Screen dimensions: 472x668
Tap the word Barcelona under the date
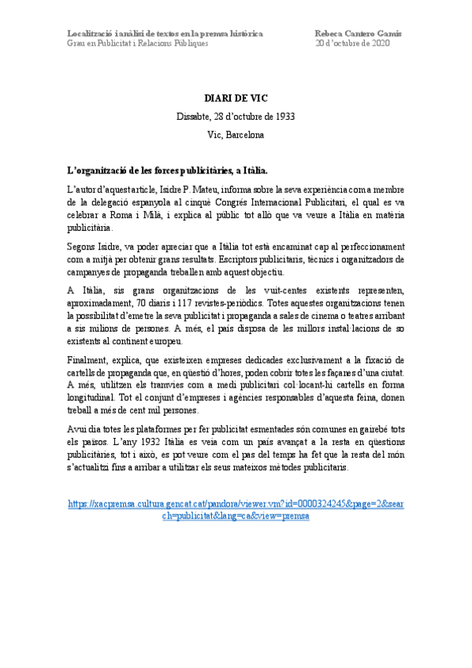click(245, 135)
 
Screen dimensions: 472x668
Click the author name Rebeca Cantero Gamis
click(358, 33)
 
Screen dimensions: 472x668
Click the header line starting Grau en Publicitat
click(138, 43)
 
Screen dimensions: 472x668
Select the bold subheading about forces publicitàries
click(168, 169)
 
